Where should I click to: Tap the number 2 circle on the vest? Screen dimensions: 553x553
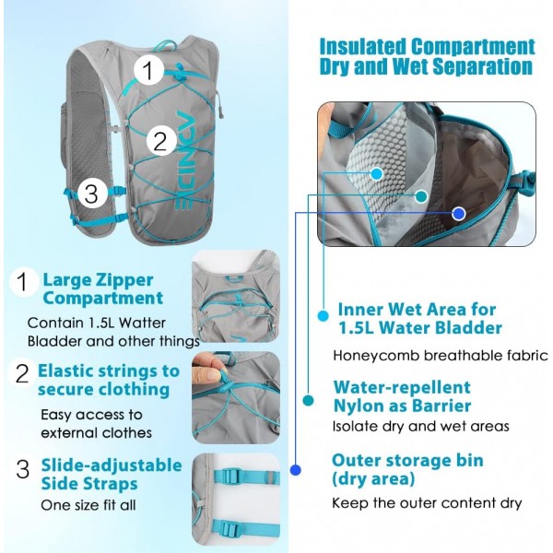tap(161, 140)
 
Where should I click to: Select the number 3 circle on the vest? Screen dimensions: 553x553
tap(92, 193)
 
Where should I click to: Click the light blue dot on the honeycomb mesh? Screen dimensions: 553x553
tap(377, 173)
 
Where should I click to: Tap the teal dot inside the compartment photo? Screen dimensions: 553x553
tap(421, 196)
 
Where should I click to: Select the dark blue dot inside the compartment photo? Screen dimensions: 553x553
tap(458, 214)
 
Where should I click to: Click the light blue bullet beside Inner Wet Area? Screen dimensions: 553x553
tap(324, 315)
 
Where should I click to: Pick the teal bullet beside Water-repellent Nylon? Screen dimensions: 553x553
tap(308, 400)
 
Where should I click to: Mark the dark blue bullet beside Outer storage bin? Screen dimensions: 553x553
tap(296, 470)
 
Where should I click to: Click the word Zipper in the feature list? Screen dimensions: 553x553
tap(124, 281)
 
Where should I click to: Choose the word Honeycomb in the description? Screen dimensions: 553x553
tap(376, 356)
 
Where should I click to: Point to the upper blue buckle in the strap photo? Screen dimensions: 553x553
tap(229, 477)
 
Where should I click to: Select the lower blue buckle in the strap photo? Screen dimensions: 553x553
tap(231, 529)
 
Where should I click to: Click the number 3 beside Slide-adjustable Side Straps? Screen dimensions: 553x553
tap(22, 469)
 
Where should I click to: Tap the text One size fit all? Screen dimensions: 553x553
tap(88, 505)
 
